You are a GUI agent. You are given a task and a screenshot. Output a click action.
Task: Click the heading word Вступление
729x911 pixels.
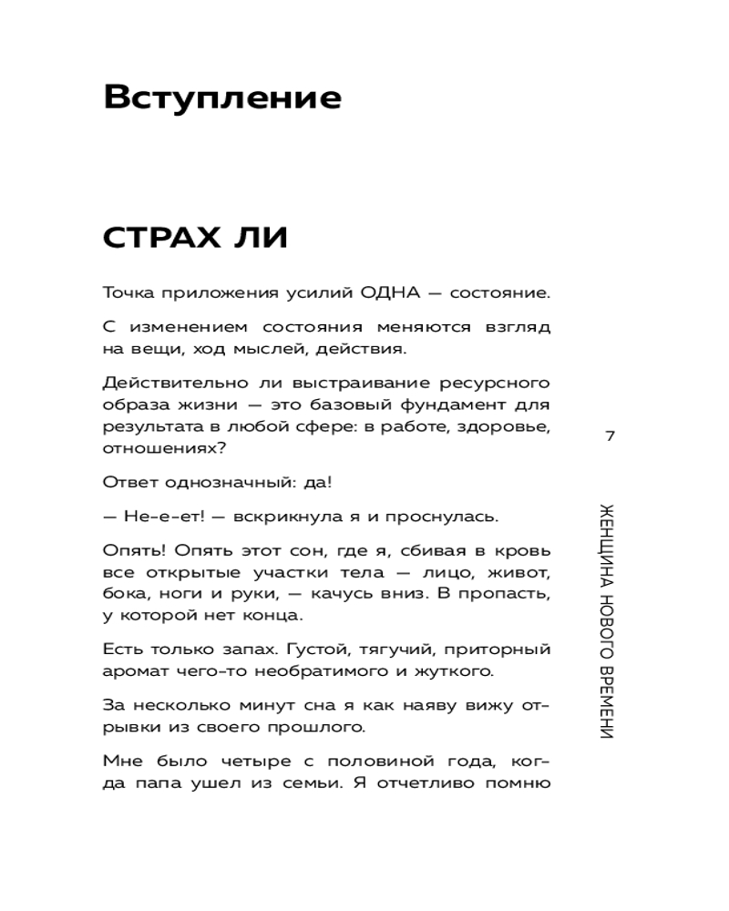coord(222,97)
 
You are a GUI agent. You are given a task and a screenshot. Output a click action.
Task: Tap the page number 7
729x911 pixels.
coord(610,435)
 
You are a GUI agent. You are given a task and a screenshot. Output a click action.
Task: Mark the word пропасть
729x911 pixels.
coord(505,595)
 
